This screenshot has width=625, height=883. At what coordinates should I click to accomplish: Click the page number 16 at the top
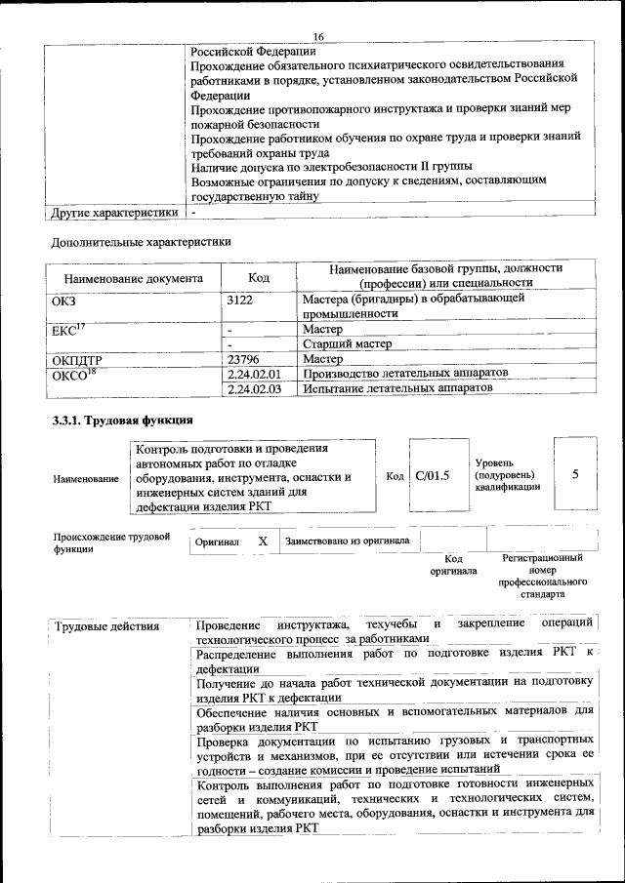(x=318, y=37)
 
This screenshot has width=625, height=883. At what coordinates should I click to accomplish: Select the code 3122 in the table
(x=239, y=301)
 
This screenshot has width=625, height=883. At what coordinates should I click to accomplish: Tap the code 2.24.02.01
(x=253, y=374)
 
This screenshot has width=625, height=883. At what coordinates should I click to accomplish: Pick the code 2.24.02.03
(x=253, y=388)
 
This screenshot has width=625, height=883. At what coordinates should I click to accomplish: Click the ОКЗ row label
(x=63, y=301)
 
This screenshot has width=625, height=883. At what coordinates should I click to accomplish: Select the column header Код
(x=258, y=278)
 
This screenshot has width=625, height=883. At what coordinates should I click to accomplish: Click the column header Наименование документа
(x=133, y=278)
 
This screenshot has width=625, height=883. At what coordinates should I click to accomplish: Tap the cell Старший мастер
(x=347, y=344)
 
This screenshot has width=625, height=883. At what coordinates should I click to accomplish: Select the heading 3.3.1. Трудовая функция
(x=122, y=421)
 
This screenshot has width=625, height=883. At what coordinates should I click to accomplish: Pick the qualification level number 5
(x=575, y=474)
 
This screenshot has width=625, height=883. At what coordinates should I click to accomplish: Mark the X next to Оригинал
(x=262, y=541)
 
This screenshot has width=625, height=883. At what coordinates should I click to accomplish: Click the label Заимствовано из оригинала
(x=347, y=541)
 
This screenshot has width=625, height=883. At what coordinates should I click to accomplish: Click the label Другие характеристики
(x=114, y=212)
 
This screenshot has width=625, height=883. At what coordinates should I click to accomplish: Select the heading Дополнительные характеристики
(x=141, y=240)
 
